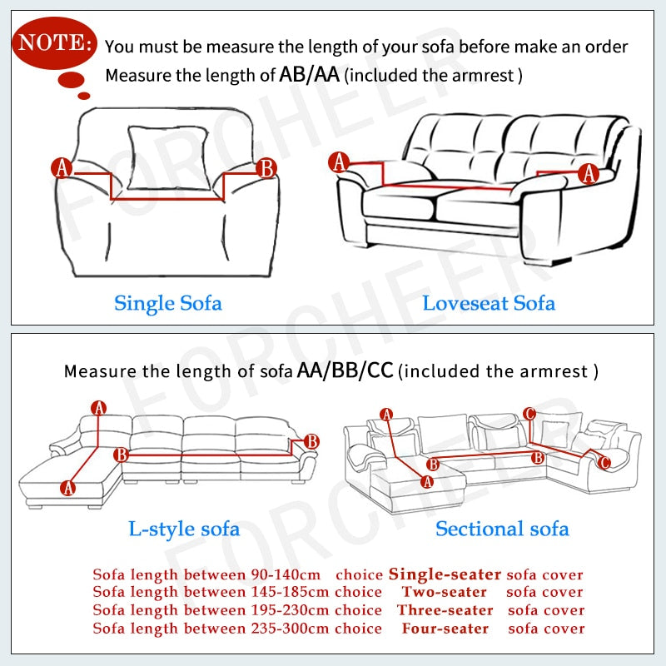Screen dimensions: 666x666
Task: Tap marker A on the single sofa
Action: click(62, 168)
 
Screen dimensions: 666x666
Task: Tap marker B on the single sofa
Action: click(266, 168)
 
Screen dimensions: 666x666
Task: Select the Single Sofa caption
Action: click(167, 302)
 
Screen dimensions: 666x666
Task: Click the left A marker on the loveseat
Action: click(339, 163)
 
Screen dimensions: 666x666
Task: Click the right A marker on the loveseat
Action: click(589, 173)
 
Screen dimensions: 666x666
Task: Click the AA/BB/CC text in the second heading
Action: click(345, 370)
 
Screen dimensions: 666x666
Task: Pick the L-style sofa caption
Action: click(183, 528)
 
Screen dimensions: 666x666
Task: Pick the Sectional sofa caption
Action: click(502, 528)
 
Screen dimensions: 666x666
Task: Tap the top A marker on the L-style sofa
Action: click(99, 408)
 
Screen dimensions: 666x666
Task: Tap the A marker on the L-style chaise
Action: click(67, 488)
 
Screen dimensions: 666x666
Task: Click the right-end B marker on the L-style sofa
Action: click(311, 441)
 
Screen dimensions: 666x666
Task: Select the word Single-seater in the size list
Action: click(445, 574)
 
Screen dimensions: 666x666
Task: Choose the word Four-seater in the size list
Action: click(444, 628)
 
